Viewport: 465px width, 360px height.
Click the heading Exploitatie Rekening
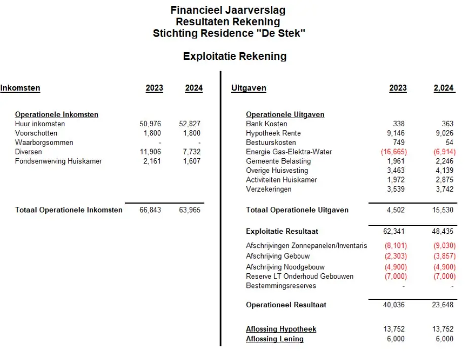[x=235, y=56]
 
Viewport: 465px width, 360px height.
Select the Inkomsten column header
[x=20, y=88]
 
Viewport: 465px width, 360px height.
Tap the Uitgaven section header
[x=248, y=88]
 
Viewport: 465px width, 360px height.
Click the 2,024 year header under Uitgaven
[x=443, y=88]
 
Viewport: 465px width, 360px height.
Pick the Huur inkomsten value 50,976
[x=150, y=124]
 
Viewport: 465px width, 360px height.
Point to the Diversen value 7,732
[x=191, y=152]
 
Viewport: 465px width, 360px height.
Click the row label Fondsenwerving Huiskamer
[x=58, y=161]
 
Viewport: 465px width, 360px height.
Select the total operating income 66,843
[x=150, y=210]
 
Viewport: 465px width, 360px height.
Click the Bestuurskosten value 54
[x=449, y=142]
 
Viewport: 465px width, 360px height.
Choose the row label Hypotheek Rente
[x=273, y=133]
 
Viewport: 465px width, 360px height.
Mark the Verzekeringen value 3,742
[x=443, y=189]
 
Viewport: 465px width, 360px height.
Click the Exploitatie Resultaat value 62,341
[x=395, y=231]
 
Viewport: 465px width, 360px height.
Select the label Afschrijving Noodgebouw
[x=285, y=267]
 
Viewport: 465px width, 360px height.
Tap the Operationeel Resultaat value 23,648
[x=443, y=305]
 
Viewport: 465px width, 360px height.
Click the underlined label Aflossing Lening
[x=275, y=339]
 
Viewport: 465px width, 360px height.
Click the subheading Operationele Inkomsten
[x=57, y=115]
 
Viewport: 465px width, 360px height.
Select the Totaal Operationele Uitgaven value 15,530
[x=443, y=210]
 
